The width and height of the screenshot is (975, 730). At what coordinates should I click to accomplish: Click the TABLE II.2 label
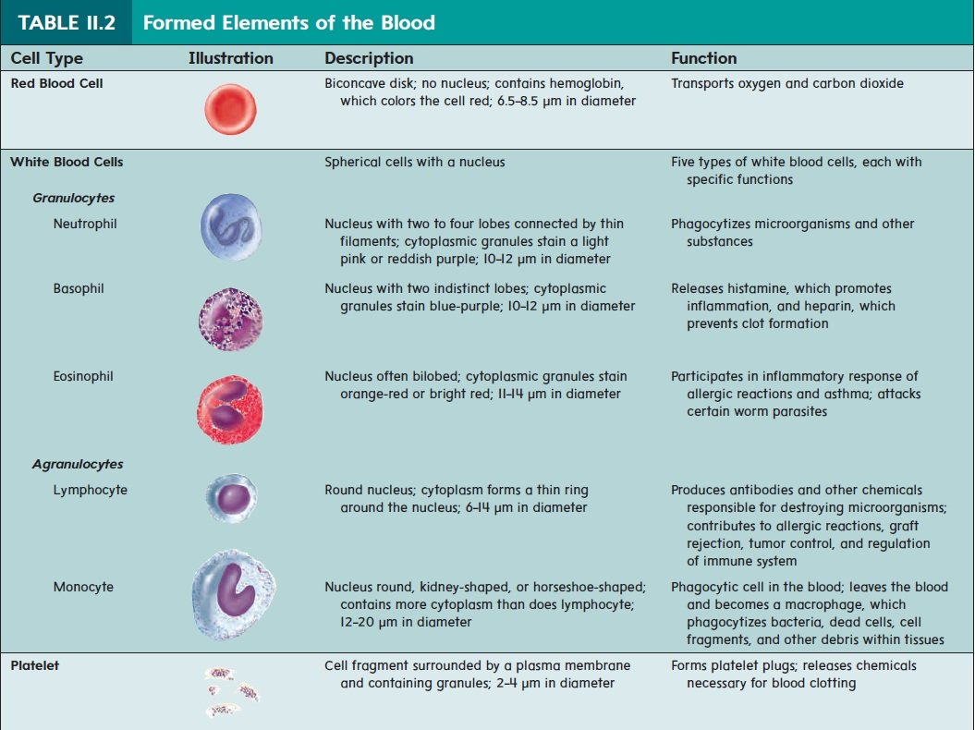click(x=67, y=23)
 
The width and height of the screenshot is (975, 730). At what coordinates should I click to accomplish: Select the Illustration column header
click(x=231, y=58)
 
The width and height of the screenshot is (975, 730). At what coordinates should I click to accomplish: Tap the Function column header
click(x=704, y=58)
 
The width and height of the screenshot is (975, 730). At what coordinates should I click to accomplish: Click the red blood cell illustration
click(x=231, y=109)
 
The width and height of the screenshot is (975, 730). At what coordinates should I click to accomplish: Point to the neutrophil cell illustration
click(x=231, y=226)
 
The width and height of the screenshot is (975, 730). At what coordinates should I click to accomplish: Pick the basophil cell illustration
click(x=231, y=319)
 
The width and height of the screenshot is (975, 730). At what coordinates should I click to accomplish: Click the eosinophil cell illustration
click(x=230, y=409)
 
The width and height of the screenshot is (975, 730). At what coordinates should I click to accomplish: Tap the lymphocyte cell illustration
click(x=231, y=497)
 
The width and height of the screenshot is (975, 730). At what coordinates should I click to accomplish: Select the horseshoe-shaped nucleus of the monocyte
click(x=235, y=590)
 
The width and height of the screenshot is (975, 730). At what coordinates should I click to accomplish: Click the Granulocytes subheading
click(x=73, y=198)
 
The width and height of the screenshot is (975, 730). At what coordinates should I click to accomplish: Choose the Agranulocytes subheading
click(x=78, y=464)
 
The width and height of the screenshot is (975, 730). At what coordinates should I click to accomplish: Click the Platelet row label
click(x=35, y=665)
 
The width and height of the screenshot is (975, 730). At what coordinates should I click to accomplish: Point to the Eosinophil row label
click(x=83, y=376)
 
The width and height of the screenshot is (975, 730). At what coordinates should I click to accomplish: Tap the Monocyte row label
click(x=83, y=587)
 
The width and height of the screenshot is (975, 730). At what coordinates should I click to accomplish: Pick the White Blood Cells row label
click(x=67, y=162)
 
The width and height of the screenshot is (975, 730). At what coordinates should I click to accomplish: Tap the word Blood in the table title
click(x=408, y=23)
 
